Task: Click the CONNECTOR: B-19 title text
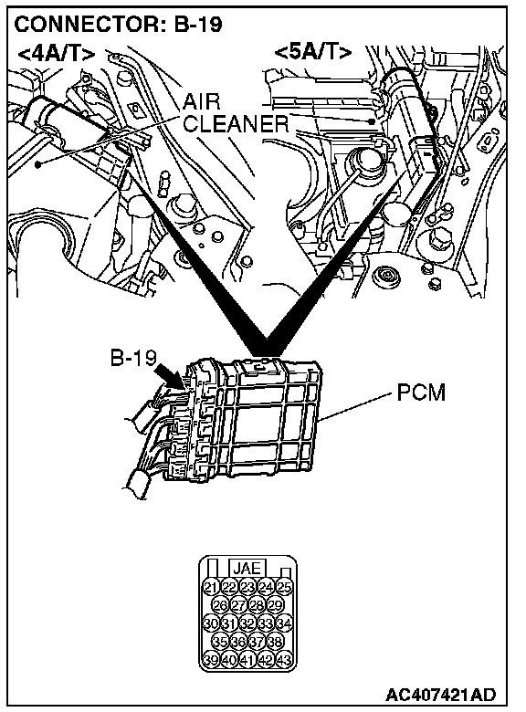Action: (118, 24)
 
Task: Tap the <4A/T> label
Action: (57, 54)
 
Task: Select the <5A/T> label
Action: (313, 53)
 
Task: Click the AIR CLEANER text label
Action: (236, 112)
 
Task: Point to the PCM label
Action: (421, 393)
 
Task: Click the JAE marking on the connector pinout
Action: (247, 569)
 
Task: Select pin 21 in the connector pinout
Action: (211, 587)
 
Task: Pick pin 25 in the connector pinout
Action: (284, 587)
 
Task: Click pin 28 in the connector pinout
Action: (257, 605)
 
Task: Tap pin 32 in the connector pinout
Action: (247, 623)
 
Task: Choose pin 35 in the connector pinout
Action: (220, 642)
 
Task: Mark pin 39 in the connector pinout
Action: (211, 660)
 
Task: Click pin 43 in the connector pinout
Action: (284, 660)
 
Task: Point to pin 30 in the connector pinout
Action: (211, 623)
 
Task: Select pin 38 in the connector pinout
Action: (275, 642)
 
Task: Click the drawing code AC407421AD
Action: (440, 695)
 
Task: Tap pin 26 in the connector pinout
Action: (220, 605)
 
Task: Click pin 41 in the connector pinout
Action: (247, 660)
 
